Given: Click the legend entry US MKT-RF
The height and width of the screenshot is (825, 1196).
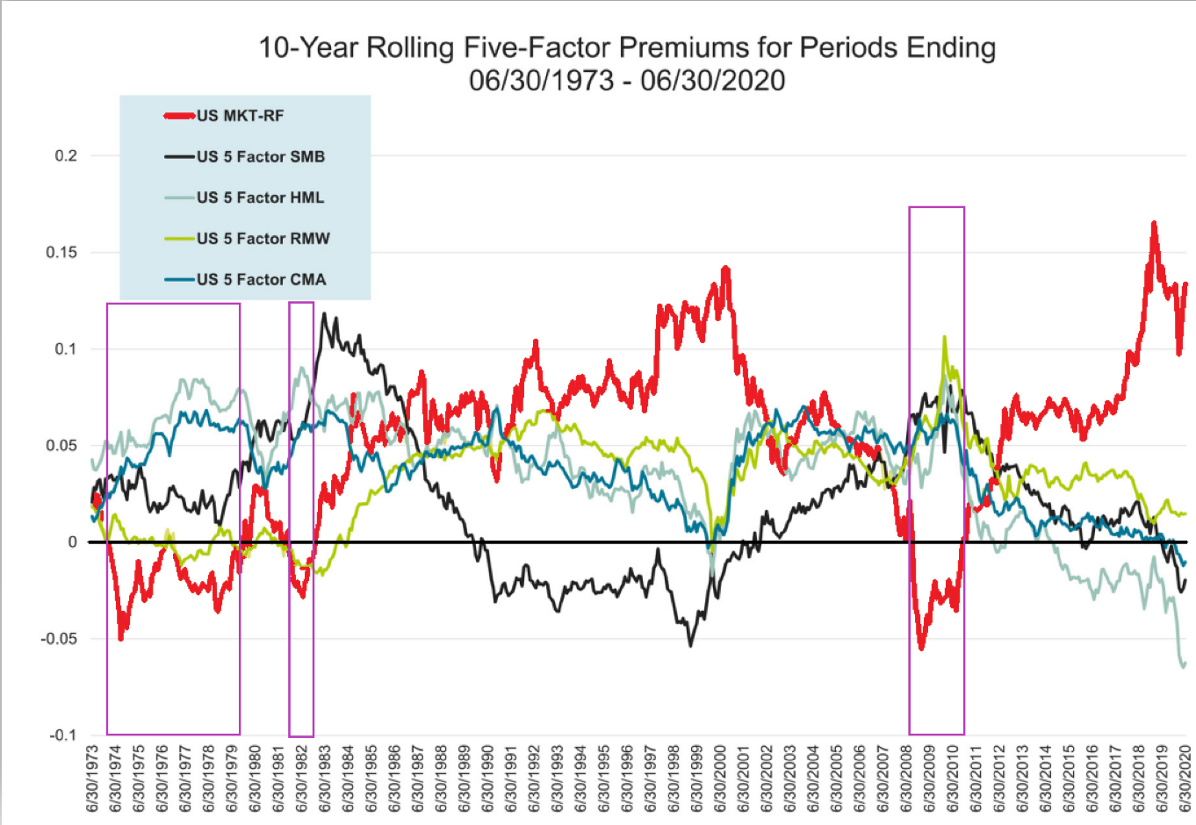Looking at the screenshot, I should click(x=240, y=116).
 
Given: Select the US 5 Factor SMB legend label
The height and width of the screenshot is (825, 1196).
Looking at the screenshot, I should click(x=261, y=157).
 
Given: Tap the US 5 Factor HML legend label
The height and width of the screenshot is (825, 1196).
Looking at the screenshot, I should click(x=260, y=197).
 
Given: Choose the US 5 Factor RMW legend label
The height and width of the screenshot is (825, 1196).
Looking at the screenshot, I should click(x=263, y=239).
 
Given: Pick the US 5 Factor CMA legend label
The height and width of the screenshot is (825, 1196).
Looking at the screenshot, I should click(x=261, y=280).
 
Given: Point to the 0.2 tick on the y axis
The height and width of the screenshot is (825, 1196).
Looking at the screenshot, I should click(x=66, y=156).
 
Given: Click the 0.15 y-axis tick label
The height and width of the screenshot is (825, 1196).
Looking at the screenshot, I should click(x=61, y=253).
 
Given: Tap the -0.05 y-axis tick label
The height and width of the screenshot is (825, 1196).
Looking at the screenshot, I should click(x=59, y=639).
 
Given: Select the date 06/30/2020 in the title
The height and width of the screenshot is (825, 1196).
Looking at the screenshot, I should click(x=712, y=81).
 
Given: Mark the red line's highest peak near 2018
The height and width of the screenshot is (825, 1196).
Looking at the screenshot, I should click(x=1154, y=223).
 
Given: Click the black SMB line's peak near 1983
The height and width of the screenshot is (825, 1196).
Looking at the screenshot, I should click(x=324, y=313).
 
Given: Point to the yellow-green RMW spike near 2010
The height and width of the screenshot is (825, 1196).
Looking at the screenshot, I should click(x=944, y=337).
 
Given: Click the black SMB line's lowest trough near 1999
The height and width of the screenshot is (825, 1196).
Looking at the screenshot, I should click(x=690, y=646).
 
